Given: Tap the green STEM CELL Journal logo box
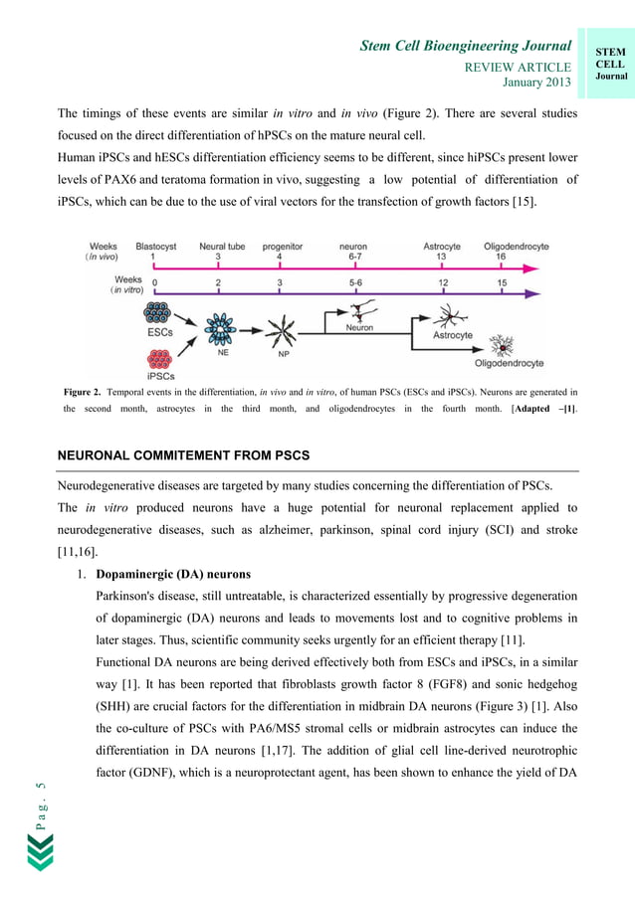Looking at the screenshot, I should (610, 65).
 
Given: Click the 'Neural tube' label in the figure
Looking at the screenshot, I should (218, 246).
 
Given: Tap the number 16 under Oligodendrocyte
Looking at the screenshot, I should (501, 257).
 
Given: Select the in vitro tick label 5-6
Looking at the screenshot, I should (355, 282).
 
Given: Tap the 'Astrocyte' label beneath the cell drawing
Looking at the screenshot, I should (453, 336).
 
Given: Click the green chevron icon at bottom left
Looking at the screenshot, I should (40, 853).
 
